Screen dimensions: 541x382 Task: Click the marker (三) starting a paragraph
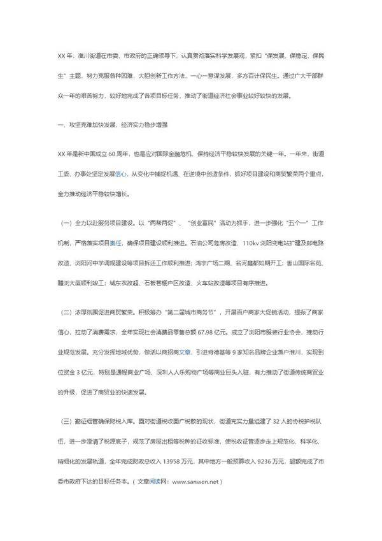click(x=65, y=440)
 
